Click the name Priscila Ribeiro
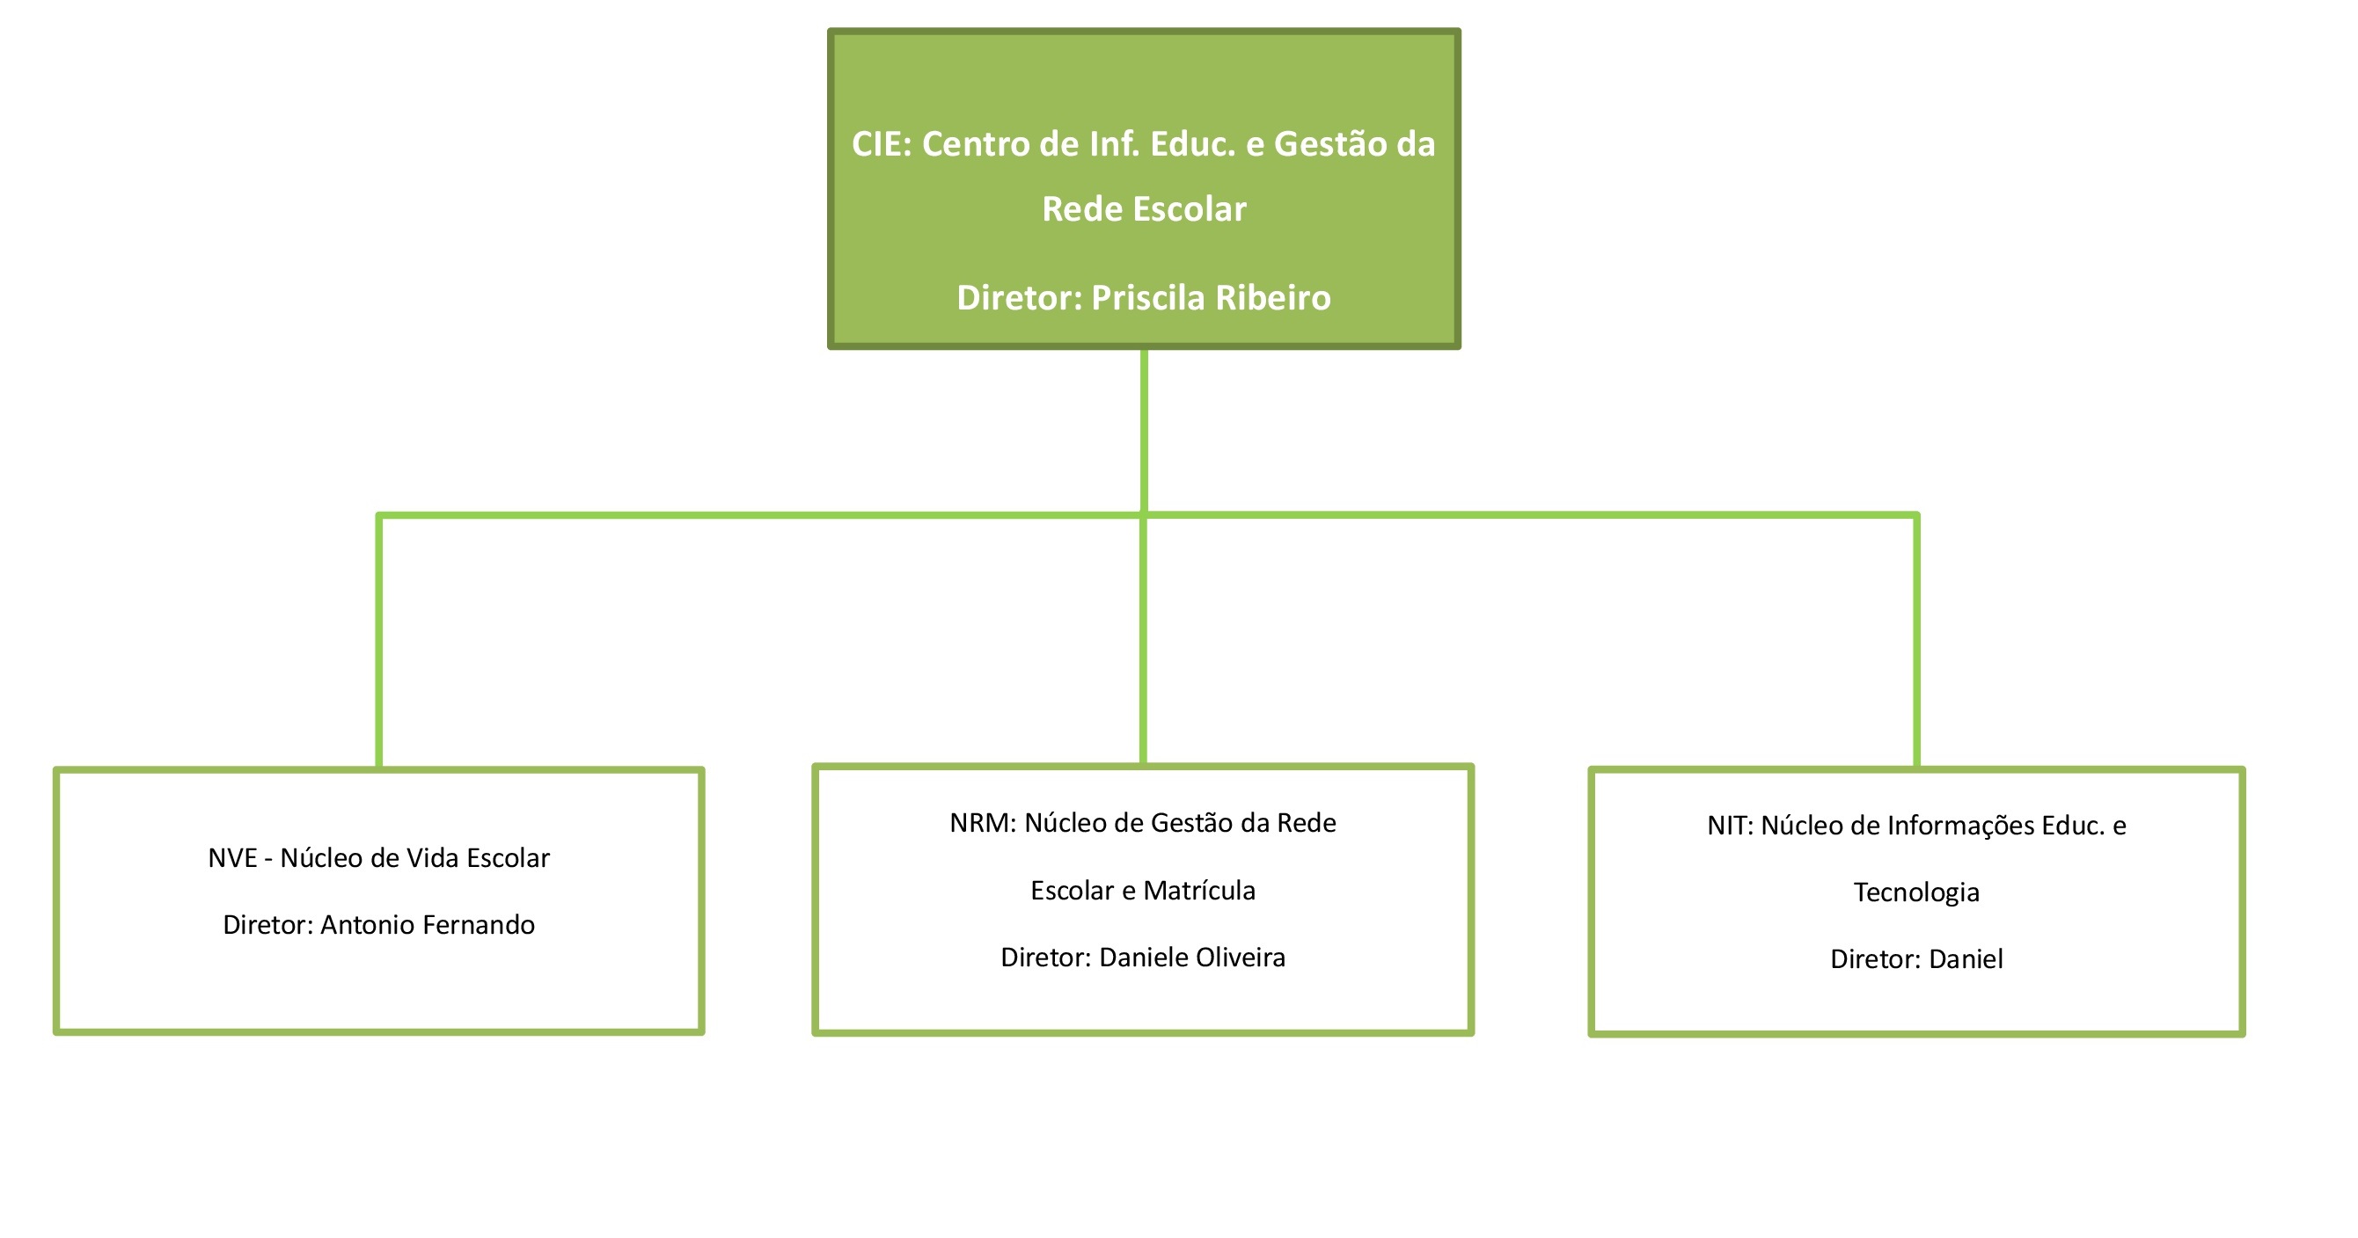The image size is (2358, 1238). (1211, 298)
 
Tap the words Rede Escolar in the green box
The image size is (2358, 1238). (1144, 209)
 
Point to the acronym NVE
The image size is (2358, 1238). (232, 858)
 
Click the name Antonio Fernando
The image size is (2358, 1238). (428, 925)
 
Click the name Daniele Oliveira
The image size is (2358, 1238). (1192, 958)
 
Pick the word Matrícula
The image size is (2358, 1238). (1199, 891)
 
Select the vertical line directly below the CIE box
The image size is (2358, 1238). (1144, 430)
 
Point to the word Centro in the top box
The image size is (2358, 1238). (976, 144)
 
